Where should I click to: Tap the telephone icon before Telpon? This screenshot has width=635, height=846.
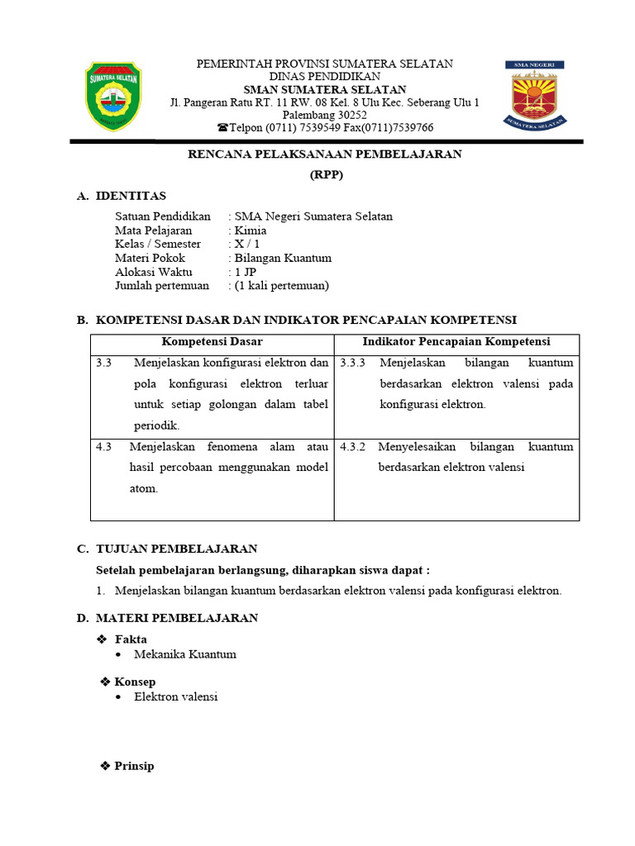coord(222,128)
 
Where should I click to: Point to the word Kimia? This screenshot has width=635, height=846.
coord(251,231)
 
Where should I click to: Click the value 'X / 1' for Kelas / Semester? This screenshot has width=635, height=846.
coord(247,245)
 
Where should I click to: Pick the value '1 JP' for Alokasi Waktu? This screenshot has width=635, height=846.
coord(246,272)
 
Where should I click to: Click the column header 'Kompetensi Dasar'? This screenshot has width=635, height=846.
coord(212,342)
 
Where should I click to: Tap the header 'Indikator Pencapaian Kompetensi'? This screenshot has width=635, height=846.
coord(456,342)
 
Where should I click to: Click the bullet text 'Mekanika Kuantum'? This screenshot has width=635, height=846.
coord(185,654)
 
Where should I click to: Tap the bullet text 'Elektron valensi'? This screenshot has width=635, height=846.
coord(176,696)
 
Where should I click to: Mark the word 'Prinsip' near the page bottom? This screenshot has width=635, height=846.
coord(134,766)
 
